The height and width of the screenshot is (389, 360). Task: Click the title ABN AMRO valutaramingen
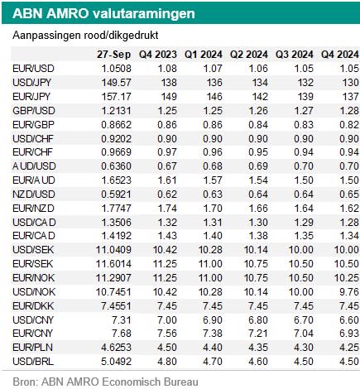(103, 13)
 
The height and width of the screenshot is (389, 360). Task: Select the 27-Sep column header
(114, 55)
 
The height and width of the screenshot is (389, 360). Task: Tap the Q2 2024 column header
(249, 55)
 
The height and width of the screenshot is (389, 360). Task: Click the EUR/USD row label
(33, 69)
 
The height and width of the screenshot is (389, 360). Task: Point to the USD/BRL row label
(33, 362)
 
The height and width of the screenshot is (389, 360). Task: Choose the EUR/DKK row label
(33, 306)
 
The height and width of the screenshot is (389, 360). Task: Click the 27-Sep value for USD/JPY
(117, 83)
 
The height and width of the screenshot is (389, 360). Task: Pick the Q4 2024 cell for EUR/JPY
(350, 97)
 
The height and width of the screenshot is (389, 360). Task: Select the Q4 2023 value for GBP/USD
(167, 111)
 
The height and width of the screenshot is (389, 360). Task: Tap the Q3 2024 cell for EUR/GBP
(304, 125)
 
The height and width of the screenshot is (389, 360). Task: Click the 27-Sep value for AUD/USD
(116, 166)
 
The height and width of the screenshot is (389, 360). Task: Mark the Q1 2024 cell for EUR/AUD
(213, 180)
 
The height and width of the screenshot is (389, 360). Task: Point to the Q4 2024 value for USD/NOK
(349, 292)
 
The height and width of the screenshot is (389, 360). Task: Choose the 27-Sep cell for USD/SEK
(113, 250)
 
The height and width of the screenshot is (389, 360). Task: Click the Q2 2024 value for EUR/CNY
(258, 334)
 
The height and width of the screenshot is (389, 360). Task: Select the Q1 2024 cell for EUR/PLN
(213, 348)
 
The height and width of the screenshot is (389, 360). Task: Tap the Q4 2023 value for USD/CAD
(167, 222)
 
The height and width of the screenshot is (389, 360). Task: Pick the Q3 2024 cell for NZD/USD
(304, 194)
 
